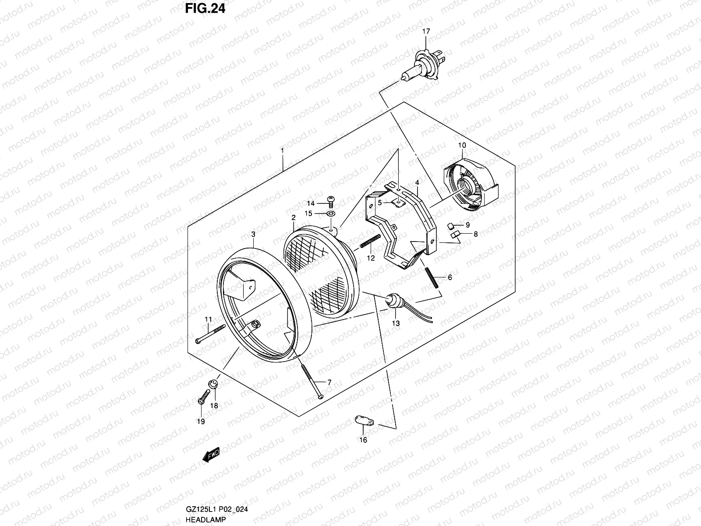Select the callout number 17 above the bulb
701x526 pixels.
426,31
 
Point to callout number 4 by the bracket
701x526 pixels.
418,182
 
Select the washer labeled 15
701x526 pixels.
332,213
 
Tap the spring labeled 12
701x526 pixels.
371,241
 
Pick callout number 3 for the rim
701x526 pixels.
253,235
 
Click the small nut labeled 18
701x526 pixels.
214,384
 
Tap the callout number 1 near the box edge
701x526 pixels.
283,150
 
